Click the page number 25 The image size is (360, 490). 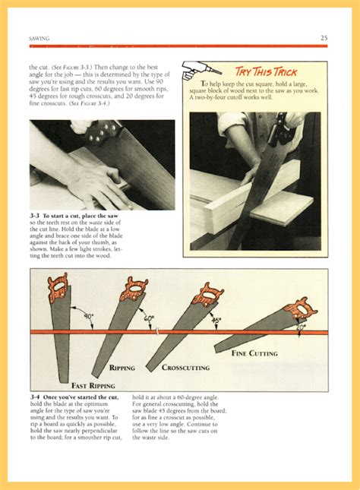[324, 37]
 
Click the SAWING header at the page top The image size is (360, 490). [40, 38]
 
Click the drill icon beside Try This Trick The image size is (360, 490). [199, 69]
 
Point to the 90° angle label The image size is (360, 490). [88, 316]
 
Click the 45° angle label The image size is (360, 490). [216, 320]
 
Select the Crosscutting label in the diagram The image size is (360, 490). [187, 368]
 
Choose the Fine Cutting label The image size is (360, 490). [254, 353]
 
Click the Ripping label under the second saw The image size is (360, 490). [122, 368]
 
